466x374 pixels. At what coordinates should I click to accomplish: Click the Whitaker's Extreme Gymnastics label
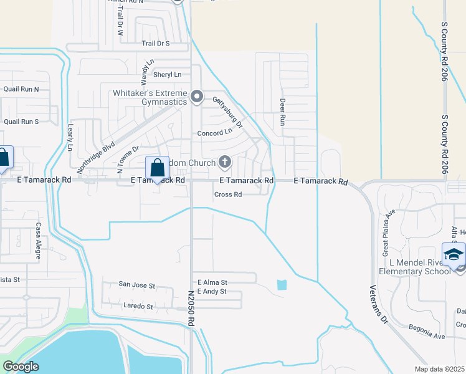tap(150, 97)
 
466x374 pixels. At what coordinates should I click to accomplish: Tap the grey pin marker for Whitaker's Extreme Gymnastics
tap(197, 97)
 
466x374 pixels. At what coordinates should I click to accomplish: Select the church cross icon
tap(224, 163)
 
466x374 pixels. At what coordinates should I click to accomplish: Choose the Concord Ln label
tap(214, 133)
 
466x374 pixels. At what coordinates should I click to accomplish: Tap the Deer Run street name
tap(282, 110)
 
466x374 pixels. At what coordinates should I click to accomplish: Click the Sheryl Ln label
tap(168, 74)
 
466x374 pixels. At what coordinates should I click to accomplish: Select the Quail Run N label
tap(21, 89)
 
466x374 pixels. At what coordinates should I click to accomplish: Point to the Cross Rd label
tap(227, 194)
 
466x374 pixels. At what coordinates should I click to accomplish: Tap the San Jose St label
tap(136, 285)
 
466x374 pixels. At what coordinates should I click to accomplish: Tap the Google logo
tap(21, 367)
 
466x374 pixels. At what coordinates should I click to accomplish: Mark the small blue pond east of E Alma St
tap(282, 285)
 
